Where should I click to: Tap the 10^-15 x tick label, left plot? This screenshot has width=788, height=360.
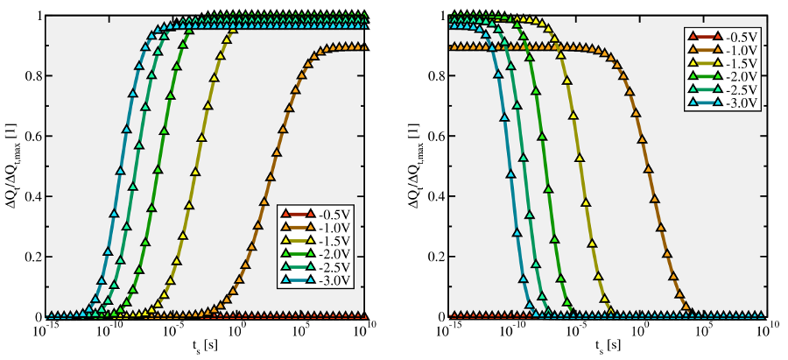[x=46, y=331]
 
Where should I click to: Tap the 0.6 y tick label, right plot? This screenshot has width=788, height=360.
[x=433, y=137]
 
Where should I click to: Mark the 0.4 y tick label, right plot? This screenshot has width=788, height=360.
[x=433, y=196]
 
